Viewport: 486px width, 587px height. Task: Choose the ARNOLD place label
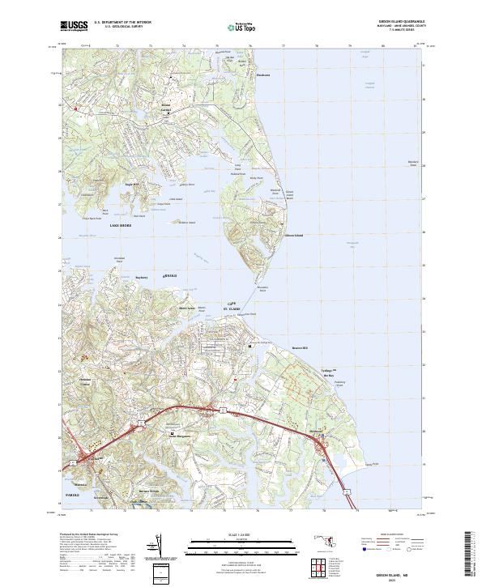coord(171,277)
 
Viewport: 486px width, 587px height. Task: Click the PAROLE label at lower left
coord(75,492)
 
